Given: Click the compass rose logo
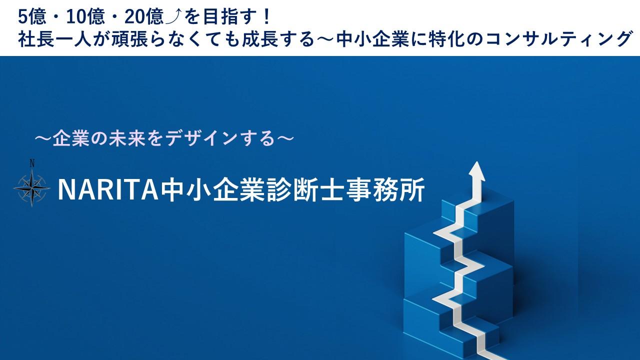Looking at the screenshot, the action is point(32,187).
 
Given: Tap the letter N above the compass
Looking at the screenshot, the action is point(32,163).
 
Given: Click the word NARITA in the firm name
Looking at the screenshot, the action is point(108,190).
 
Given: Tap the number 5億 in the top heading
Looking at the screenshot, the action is point(31,17).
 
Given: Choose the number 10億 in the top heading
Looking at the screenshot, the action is point(85,17).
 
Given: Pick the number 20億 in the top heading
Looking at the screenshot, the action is point(143,17).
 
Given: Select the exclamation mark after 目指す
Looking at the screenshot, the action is point(267,17).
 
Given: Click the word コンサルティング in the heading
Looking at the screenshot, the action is point(557,39).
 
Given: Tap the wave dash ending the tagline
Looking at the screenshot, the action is point(285,139).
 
